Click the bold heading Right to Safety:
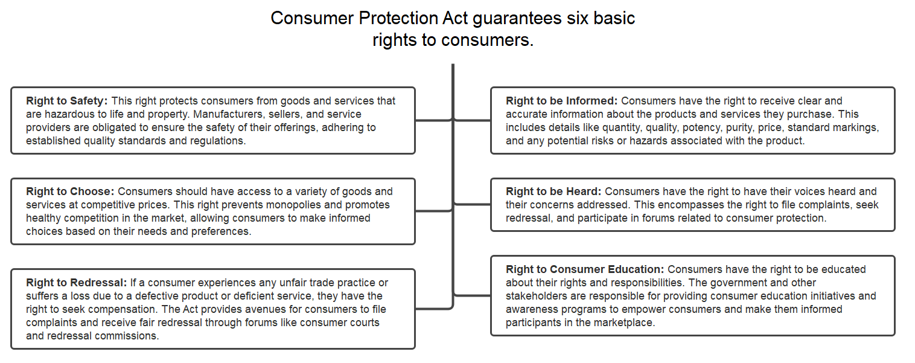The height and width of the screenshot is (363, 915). pos(66,101)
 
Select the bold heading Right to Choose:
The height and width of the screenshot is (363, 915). pos(70,191)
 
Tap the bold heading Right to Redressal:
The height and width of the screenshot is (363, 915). pos(76,283)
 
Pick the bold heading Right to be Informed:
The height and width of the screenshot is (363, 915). pos(561,101)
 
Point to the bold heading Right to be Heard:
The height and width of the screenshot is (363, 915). pos(553,191)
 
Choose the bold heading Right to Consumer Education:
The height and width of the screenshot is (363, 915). pos(584,269)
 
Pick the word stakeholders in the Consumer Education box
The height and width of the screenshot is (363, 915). pos(537,296)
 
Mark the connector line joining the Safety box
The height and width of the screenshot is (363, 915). pos(433,120)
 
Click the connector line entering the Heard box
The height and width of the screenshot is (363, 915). pos(473,204)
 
